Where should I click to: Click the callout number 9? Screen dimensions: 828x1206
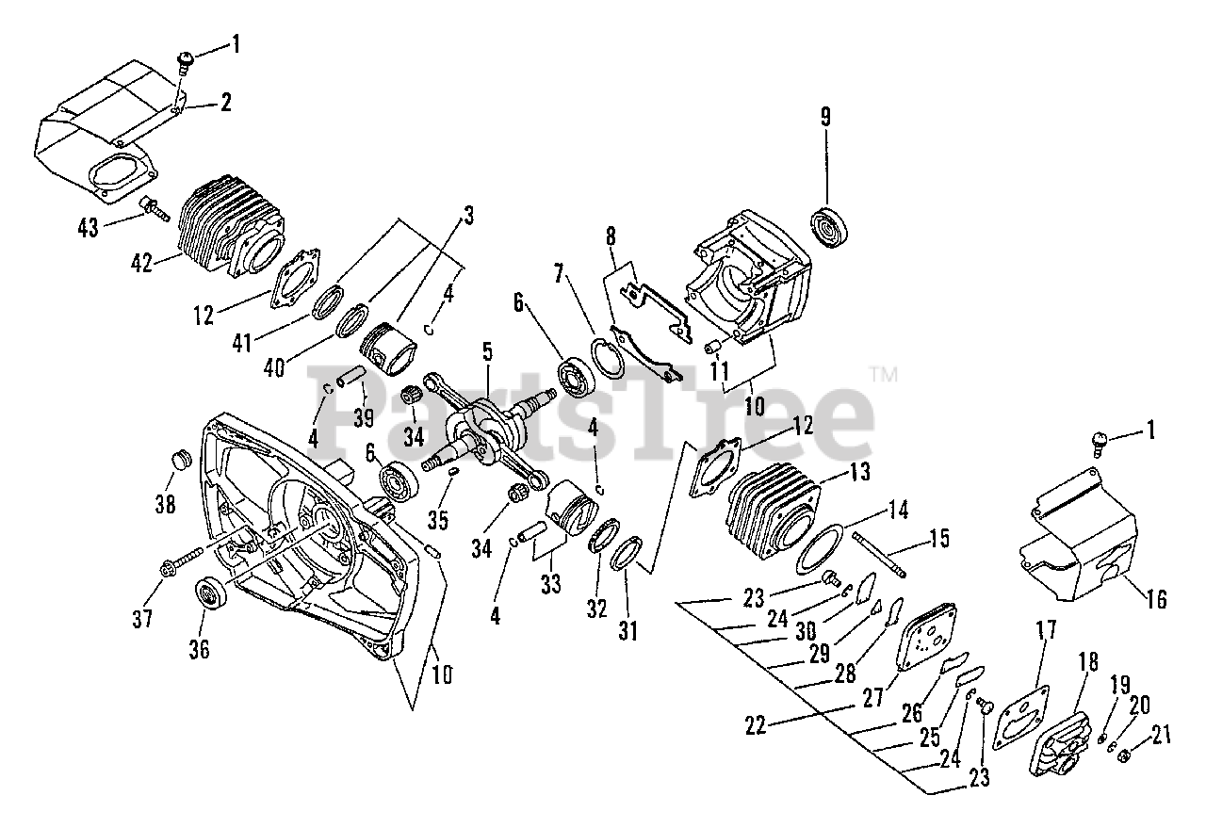click(825, 118)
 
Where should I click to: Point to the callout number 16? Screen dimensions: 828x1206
click(1155, 599)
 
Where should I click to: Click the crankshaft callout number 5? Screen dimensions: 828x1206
click(487, 352)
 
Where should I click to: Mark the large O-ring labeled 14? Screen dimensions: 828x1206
click(817, 548)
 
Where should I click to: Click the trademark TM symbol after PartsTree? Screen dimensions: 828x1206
click(885, 374)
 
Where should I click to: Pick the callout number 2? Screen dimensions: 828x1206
click(225, 103)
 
